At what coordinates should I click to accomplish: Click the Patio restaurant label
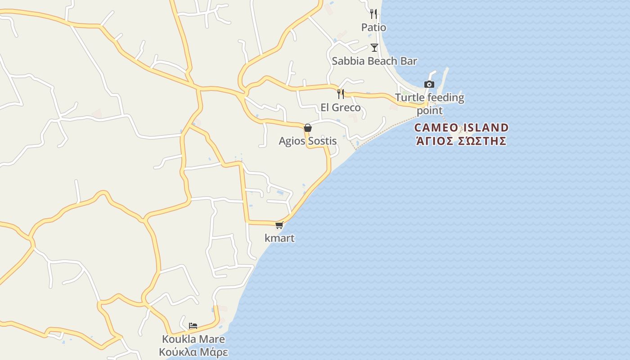pyautogui.click(x=373, y=27)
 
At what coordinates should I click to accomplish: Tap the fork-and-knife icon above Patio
pyautogui.click(x=373, y=13)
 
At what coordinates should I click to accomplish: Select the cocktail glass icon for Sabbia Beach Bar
pyautogui.click(x=374, y=47)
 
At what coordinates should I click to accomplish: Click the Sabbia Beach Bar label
pyautogui.click(x=374, y=61)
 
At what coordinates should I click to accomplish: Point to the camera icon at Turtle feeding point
pyautogui.click(x=429, y=84)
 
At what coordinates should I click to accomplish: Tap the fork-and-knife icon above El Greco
pyautogui.click(x=341, y=94)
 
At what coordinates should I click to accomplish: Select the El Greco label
pyautogui.click(x=341, y=108)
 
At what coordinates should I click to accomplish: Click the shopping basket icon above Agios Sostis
pyautogui.click(x=308, y=128)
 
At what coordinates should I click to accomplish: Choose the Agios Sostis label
pyautogui.click(x=308, y=141)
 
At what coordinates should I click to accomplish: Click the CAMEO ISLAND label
pyautogui.click(x=461, y=127)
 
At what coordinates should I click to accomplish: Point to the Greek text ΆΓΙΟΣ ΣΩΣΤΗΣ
pyautogui.click(x=461, y=141)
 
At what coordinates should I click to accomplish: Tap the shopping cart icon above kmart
pyautogui.click(x=279, y=225)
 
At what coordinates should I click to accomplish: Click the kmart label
pyautogui.click(x=279, y=238)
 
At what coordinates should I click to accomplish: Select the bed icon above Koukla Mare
pyautogui.click(x=193, y=325)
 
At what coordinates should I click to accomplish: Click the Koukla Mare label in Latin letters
pyautogui.click(x=193, y=339)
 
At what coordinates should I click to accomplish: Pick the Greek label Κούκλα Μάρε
pyautogui.click(x=193, y=352)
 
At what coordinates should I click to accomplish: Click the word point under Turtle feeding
pyautogui.click(x=430, y=110)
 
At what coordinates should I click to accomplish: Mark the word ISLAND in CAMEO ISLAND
pyautogui.click(x=485, y=127)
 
